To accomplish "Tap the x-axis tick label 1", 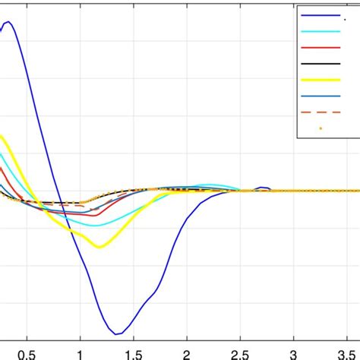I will tap(81, 354).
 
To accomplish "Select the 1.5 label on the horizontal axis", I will tap(134, 354).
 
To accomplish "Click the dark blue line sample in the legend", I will tap(320, 15).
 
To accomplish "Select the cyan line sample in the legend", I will tap(320, 31).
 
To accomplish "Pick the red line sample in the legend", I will tap(320, 47).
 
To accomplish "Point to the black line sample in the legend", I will tap(320, 63).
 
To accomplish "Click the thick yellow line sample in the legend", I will tap(320, 80).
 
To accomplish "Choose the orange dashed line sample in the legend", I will tap(320, 112).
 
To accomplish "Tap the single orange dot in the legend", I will tap(320, 128).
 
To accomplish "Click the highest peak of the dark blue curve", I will tap(8, 22).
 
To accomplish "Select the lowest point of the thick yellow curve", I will tap(99, 246).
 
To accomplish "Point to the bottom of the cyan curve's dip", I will tap(94, 226).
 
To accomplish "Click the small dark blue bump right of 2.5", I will tap(264, 187).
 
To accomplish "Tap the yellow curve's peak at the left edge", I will tap(2, 137).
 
